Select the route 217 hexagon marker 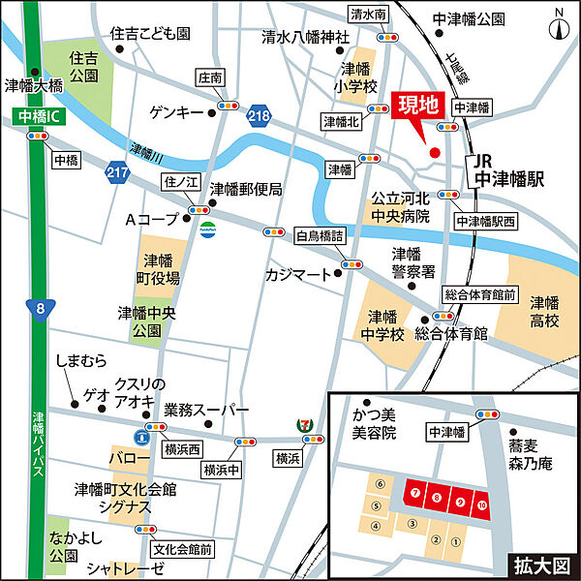118,171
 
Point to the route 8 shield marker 39,309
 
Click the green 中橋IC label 37,115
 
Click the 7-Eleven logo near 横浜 305,427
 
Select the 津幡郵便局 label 246,190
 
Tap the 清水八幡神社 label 305,38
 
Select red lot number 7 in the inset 414,494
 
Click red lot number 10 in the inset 481,503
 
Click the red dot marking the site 434,152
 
